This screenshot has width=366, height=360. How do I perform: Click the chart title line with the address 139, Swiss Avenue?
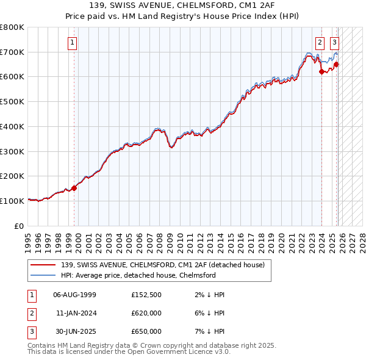pyautogui.click(x=183, y=5)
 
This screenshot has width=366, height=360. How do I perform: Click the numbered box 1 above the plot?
pyautogui.click(x=73, y=43)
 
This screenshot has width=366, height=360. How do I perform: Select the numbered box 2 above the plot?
pyautogui.click(x=320, y=43)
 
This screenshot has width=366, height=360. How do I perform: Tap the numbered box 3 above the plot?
pyautogui.click(x=335, y=43)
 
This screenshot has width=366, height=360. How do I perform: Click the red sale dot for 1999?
pyautogui.click(x=74, y=188)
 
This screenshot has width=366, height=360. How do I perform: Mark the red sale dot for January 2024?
pyautogui.click(x=321, y=72)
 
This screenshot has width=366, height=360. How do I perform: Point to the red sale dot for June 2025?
pyautogui.click(x=337, y=65)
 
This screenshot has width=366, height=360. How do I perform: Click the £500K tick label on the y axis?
pyautogui.click(x=12, y=102)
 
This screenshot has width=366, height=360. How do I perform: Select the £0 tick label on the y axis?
pyautogui.click(x=19, y=226)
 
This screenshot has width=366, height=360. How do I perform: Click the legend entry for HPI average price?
pyautogui.click(x=138, y=275)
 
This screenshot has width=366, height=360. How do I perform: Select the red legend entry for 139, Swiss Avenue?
pyautogui.click(x=162, y=265)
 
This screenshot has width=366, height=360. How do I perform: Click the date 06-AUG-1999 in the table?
pyautogui.click(x=75, y=295)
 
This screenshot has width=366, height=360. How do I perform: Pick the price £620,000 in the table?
pyautogui.click(x=146, y=313)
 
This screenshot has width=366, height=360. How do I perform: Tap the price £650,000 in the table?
pyautogui.click(x=146, y=331)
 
